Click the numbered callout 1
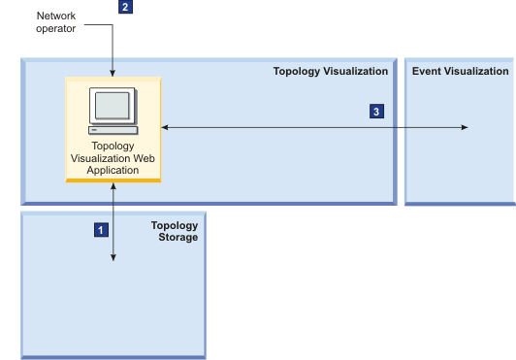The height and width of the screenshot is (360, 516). pyautogui.click(x=99, y=230)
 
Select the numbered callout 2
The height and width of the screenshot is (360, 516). pyautogui.click(x=125, y=7)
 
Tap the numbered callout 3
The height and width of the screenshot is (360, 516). pyautogui.click(x=376, y=112)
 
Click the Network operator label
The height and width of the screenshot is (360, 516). pyautogui.click(x=55, y=21)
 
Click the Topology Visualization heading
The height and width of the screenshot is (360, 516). pyautogui.click(x=330, y=71)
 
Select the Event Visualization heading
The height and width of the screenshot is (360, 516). pyautogui.click(x=460, y=71)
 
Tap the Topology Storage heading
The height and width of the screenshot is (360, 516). pyautogui.click(x=175, y=231)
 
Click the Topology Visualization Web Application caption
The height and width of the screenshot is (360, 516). pyautogui.click(x=113, y=157)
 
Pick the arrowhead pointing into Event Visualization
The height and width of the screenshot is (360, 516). pyautogui.click(x=466, y=127)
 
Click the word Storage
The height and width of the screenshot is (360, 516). pyautogui.click(x=178, y=237)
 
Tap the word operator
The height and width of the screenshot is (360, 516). pyautogui.click(x=55, y=28)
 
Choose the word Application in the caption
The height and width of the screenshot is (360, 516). pyautogui.click(x=113, y=170)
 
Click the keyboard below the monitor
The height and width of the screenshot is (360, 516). pyautogui.click(x=112, y=129)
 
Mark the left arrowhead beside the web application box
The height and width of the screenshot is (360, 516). pyautogui.click(x=165, y=127)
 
